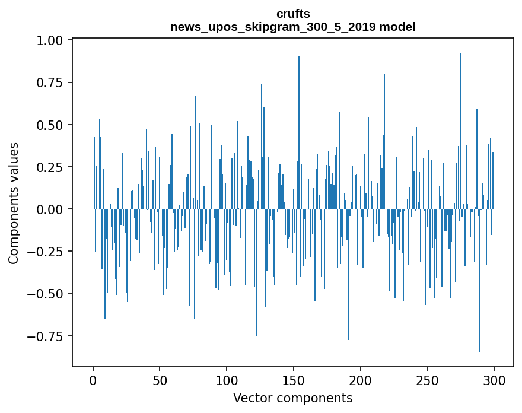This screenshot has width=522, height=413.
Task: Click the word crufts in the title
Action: [293, 14]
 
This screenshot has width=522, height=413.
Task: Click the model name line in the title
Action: [293, 27]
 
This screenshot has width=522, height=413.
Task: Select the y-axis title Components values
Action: [14, 202]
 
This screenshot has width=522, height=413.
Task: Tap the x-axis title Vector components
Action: [293, 398]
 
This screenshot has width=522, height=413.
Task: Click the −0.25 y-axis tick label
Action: [50, 252]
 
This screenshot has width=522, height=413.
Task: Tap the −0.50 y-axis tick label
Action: [50, 294]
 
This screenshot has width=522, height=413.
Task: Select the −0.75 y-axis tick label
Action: [50, 336]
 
